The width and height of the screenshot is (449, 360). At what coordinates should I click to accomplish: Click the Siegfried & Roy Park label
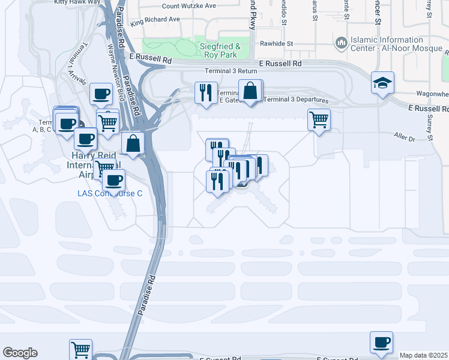point(220,50)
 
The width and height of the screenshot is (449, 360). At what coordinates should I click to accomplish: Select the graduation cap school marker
point(382,83)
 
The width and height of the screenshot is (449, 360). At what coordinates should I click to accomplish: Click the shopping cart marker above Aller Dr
point(319,119)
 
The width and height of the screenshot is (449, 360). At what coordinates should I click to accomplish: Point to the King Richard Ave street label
point(155,19)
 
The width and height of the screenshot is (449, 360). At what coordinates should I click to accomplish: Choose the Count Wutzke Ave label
point(189,6)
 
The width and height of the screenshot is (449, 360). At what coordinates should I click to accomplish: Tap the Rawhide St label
point(276,44)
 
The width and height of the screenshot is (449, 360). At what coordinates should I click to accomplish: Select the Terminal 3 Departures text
point(296,100)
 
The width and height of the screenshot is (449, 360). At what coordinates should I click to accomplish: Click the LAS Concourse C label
point(110,193)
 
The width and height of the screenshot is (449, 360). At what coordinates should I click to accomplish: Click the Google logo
point(20,353)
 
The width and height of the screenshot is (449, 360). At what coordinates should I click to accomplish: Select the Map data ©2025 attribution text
point(424,355)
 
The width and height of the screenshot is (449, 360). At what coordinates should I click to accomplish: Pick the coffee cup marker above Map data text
point(381,342)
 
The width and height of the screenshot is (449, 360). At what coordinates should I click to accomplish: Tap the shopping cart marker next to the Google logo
point(80,350)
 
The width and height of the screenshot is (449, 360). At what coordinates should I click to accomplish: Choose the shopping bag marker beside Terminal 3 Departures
point(250,91)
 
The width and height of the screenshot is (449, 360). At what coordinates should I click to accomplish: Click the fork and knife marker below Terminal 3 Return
point(206,92)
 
